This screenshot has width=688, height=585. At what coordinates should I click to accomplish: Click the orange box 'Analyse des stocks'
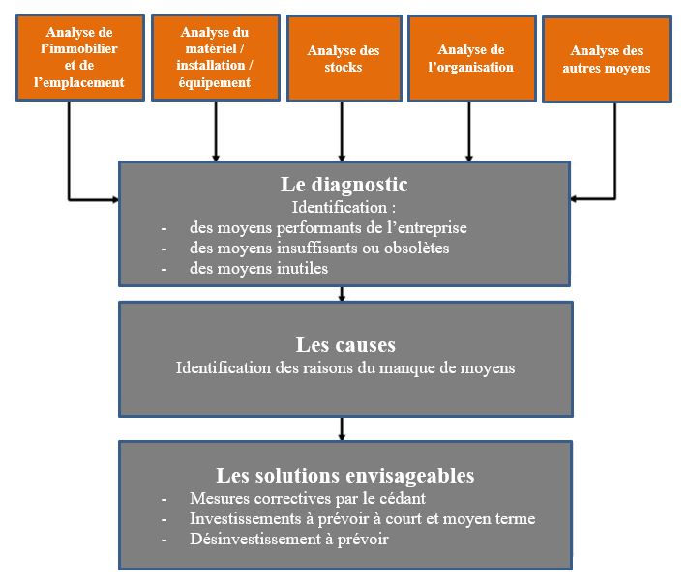coord(343,58)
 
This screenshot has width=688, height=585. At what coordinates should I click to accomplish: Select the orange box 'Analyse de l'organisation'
coord(470,58)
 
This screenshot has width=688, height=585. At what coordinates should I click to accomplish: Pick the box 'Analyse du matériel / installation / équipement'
coord(215,58)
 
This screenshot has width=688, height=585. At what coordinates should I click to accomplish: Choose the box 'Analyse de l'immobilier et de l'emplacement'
coord(80,58)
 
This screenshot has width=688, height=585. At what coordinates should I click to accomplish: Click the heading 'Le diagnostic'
coord(344,185)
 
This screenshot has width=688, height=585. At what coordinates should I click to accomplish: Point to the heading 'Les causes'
coord(345,345)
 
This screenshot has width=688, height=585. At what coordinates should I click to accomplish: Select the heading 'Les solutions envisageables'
coord(344,476)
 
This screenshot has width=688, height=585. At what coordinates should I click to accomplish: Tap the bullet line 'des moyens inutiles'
coord(258,268)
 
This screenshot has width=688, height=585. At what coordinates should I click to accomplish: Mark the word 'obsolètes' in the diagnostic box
coord(417,248)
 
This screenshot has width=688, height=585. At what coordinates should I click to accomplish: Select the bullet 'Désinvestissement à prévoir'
coord(288,539)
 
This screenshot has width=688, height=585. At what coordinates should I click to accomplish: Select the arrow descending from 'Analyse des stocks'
coord(343,130)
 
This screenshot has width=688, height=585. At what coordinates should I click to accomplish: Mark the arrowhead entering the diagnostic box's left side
coord(113,199)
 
